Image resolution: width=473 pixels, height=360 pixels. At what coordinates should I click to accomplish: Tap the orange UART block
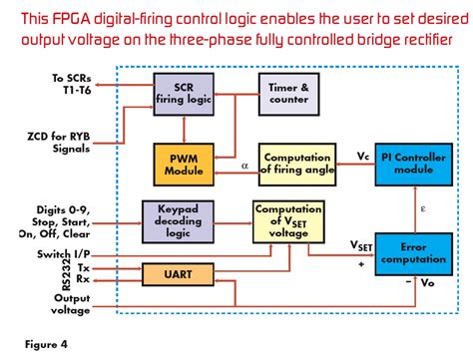pos(183,272)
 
